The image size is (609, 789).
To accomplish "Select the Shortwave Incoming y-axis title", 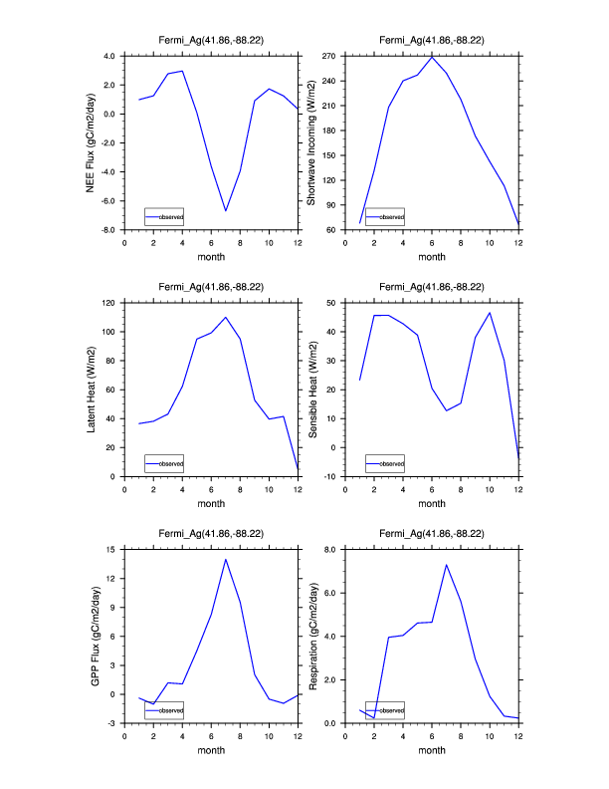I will click(x=311, y=142).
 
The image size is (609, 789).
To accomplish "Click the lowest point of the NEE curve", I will click(x=226, y=211).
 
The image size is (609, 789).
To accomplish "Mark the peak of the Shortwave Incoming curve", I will click(x=432, y=57).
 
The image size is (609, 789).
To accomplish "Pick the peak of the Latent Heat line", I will click(x=226, y=317).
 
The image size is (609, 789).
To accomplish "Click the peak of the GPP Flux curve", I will click(x=226, y=559).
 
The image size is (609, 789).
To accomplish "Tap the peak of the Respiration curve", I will click(x=446, y=565).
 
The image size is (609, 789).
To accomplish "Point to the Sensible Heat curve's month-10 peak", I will click(x=490, y=313).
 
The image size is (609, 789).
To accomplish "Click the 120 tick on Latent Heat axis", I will click(x=110, y=303).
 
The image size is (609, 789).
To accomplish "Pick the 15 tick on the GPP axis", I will click(x=113, y=549).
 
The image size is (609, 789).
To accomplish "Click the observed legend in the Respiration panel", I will click(x=384, y=710).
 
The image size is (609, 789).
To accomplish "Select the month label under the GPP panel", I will click(x=211, y=751).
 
